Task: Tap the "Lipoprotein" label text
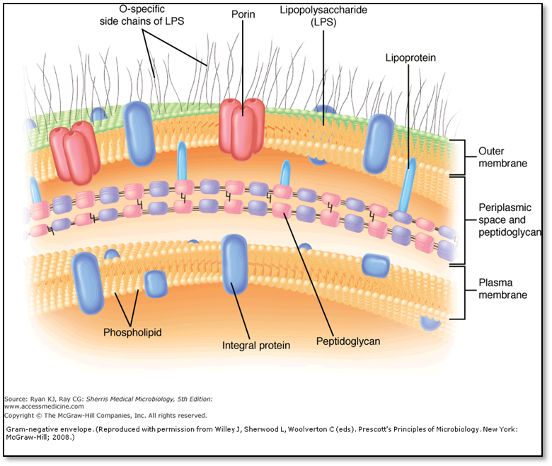[x=410, y=57]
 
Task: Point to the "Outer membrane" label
[x=502, y=157]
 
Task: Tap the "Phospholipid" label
[x=133, y=331]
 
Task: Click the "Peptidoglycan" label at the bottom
[x=348, y=341]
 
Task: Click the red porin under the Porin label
[x=241, y=127]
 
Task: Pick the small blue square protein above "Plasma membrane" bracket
[x=374, y=264]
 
